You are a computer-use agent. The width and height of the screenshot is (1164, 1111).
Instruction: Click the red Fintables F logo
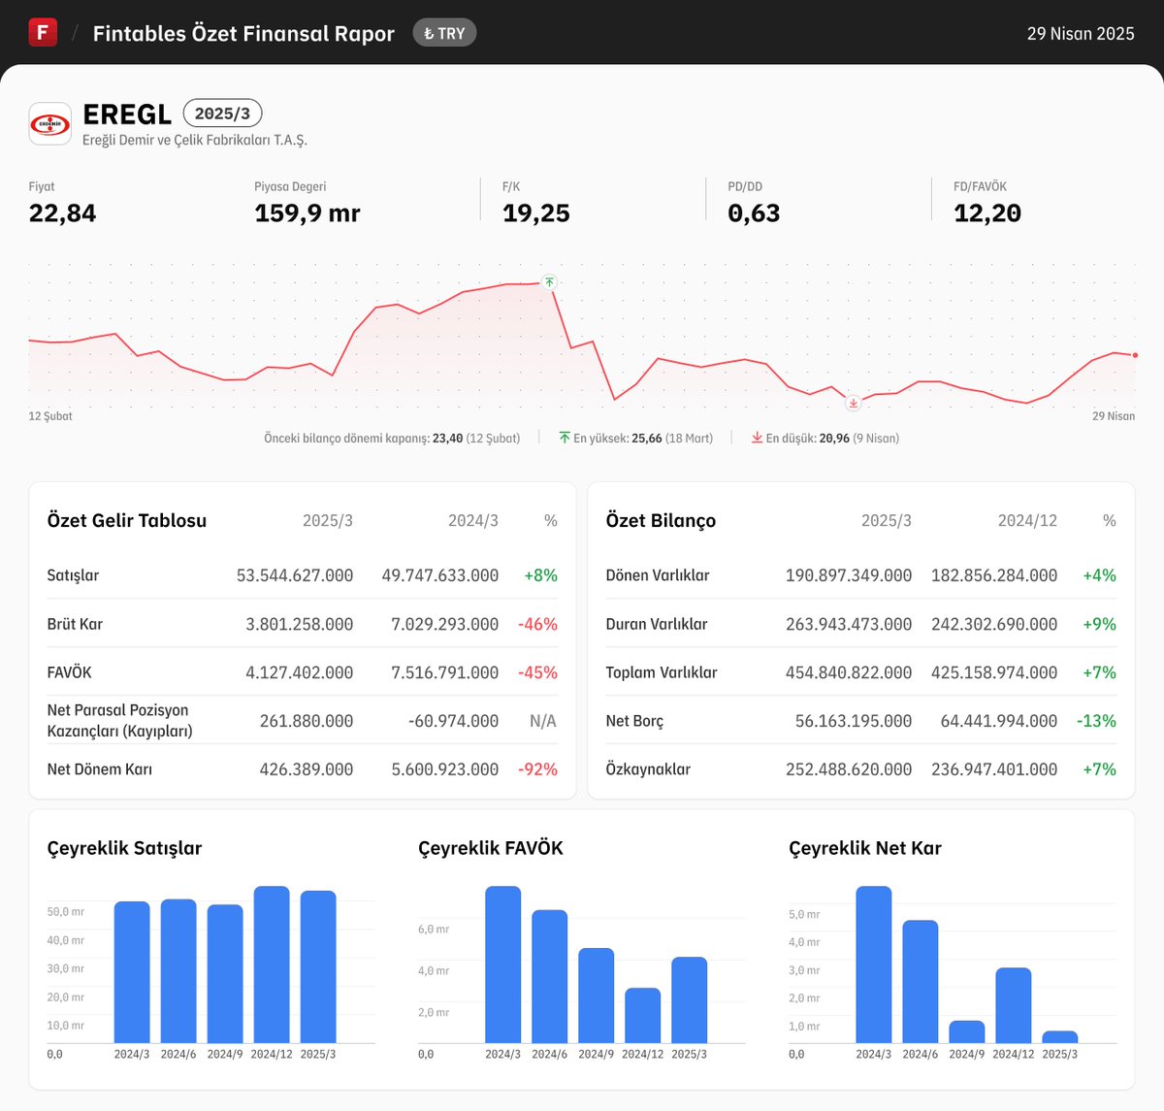(x=43, y=32)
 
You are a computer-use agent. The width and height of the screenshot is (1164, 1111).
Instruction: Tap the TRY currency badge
(x=444, y=33)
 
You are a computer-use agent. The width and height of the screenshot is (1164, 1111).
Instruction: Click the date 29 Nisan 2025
(x=1081, y=33)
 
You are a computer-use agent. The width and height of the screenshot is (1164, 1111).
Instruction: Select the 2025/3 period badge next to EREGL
(x=222, y=114)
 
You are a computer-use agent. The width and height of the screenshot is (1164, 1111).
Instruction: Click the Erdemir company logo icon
(x=50, y=123)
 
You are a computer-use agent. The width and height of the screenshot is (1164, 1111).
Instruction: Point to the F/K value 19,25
(x=535, y=213)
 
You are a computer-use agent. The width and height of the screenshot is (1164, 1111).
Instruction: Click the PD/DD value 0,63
(x=754, y=213)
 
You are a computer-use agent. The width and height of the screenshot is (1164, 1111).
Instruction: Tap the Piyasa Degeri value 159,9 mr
(x=307, y=213)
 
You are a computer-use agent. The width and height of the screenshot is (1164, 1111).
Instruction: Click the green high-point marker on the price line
(x=549, y=282)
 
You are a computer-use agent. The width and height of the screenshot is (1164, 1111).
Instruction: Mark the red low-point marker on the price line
(x=853, y=403)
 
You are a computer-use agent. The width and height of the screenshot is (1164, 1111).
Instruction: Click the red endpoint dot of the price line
(x=1135, y=355)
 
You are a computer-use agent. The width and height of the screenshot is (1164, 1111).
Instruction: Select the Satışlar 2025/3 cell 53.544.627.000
(x=295, y=575)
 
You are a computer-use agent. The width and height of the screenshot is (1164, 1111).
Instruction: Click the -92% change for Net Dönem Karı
(x=537, y=769)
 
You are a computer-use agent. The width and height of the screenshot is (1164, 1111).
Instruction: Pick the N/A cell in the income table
(x=542, y=721)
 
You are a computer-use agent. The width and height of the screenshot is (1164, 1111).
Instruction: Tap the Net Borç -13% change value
(x=1096, y=721)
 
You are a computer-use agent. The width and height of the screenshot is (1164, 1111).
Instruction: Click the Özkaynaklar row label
(x=648, y=769)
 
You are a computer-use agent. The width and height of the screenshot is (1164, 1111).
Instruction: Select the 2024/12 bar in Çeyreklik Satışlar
(x=272, y=964)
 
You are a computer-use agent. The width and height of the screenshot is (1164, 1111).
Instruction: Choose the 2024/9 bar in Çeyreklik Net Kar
(x=966, y=1031)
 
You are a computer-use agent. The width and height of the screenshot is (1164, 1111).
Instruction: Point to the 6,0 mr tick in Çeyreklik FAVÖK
(x=434, y=930)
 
